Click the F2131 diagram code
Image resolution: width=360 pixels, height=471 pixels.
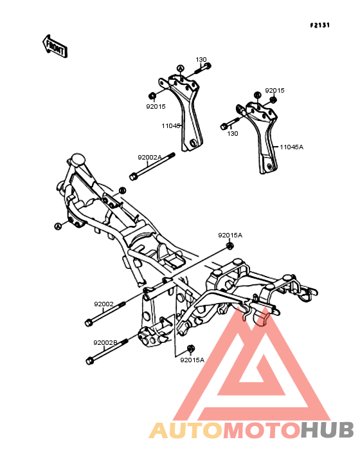[319, 25]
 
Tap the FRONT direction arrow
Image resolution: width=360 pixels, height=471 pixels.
[55, 46]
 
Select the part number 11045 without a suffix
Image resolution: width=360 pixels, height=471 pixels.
[171, 126]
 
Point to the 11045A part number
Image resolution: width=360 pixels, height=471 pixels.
[292, 147]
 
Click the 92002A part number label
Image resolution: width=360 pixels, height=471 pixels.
[150, 157]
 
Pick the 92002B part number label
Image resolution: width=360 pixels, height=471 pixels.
[105, 342]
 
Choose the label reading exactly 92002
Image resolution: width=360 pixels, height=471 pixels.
[104, 304]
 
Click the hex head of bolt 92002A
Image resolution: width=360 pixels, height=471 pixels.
[133, 176]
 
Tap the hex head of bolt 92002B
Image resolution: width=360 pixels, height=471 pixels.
[89, 361]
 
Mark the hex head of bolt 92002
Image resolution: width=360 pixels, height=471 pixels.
[89, 323]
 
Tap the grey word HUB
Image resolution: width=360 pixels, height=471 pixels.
[327, 430]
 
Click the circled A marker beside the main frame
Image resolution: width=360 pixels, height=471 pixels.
[58, 226]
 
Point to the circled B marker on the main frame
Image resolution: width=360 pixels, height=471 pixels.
[122, 190]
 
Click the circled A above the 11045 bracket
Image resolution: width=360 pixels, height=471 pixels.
[180, 69]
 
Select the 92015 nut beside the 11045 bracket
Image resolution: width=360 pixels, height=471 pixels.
[152, 96]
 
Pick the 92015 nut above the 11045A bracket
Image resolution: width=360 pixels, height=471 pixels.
[273, 100]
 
